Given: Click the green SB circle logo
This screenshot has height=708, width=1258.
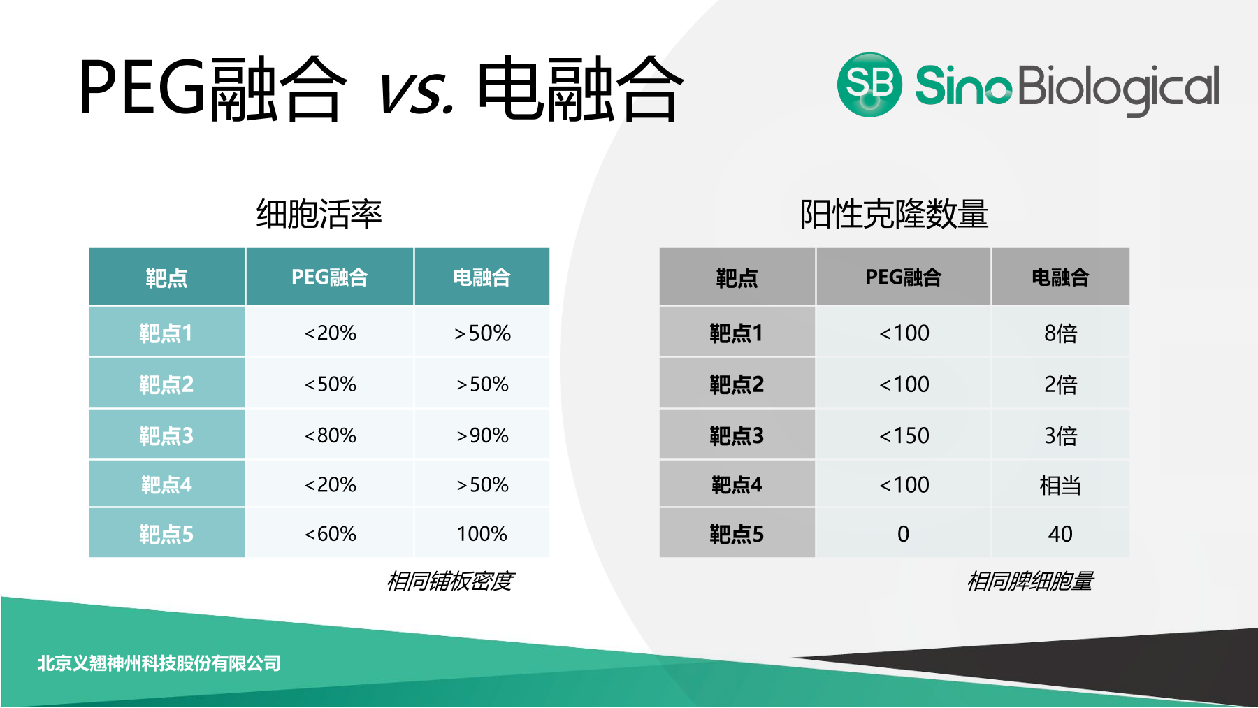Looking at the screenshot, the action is [869, 85].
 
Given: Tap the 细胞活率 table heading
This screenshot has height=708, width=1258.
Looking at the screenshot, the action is [319, 214].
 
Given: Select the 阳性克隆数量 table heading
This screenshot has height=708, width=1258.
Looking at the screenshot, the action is [894, 214].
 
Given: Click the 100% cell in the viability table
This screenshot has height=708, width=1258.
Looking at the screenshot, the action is [482, 534].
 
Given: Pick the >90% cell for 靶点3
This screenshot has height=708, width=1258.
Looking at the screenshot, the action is [482, 435].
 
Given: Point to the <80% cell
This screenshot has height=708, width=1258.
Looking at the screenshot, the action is [330, 435].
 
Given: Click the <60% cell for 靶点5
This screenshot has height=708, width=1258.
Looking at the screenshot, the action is [330, 534].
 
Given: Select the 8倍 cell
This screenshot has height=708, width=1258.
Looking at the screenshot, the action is [1060, 333].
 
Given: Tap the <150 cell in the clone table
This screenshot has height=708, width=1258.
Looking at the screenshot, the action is [904, 435].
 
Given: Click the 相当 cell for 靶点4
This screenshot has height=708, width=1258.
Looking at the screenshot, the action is [1060, 485].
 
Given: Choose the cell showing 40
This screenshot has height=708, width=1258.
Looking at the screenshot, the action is [1060, 534].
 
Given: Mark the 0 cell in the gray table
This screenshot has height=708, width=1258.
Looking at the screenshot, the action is [904, 534].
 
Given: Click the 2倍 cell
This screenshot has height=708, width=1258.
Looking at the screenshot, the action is [1060, 384].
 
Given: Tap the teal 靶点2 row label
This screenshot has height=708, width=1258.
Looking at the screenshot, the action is [166, 384].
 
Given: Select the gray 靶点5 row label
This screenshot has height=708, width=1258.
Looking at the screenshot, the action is [737, 534].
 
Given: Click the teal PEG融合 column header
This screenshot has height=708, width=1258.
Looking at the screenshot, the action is [329, 277].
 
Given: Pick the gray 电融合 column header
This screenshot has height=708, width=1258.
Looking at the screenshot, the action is [1060, 277].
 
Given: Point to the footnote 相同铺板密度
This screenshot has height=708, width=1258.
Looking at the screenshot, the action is [451, 581].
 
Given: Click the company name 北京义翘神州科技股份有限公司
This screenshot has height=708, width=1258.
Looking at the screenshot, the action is [159, 663].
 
